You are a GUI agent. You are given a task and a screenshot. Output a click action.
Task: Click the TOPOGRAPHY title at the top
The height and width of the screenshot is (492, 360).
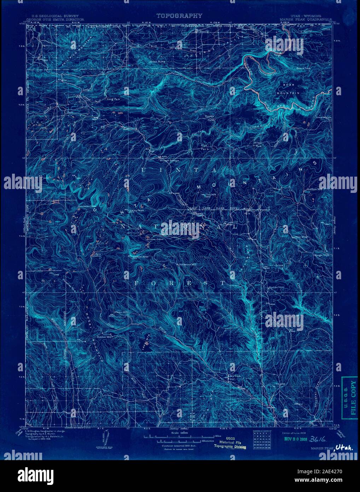179,16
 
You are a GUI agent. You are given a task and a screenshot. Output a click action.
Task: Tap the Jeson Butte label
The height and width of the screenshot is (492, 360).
157,61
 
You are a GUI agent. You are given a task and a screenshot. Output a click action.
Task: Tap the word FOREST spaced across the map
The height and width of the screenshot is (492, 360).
179,283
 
